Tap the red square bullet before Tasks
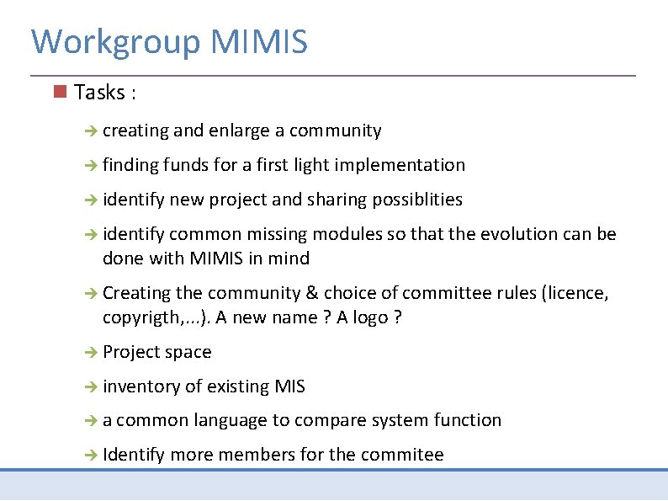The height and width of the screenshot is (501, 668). click(x=59, y=91)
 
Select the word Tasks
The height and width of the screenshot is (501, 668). click(x=98, y=93)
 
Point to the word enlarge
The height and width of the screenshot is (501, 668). click(x=239, y=131)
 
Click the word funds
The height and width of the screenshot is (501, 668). click(x=186, y=165)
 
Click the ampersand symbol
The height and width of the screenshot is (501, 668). click(x=312, y=293)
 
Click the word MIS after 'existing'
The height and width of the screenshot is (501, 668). click(x=289, y=386)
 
